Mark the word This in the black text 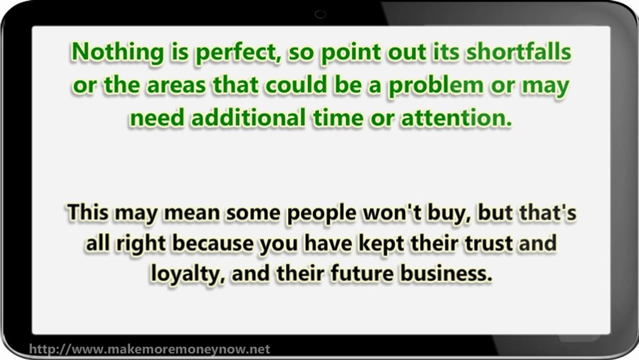pos(88,212)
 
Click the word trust pos(487,243)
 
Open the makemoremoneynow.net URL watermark pos(149,349)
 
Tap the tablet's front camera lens pos(320,14)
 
